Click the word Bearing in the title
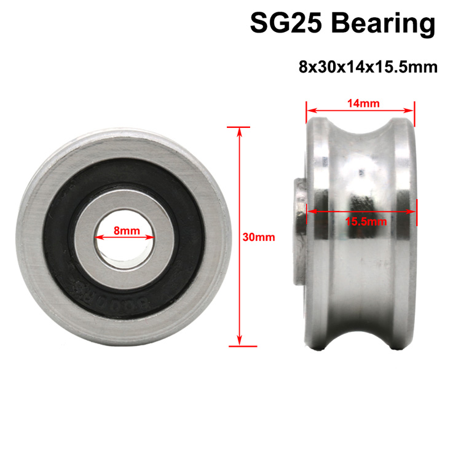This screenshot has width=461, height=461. [382, 24]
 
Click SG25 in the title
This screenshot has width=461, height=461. [286, 24]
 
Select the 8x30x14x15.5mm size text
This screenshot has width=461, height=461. [368, 66]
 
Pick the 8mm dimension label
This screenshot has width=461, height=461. [126, 230]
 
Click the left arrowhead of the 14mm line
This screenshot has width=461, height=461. [309, 111]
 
